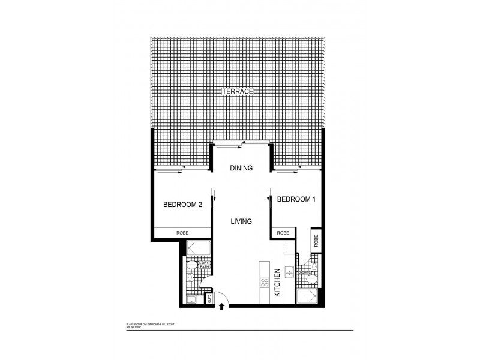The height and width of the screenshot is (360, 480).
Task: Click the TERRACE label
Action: click(x=239, y=91)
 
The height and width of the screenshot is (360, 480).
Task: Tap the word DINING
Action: click(x=241, y=169)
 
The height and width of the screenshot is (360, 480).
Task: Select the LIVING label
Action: click(x=241, y=221)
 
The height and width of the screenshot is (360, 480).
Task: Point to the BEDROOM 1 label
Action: click(x=295, y=199)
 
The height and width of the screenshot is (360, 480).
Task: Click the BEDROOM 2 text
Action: click(x=182, y=205)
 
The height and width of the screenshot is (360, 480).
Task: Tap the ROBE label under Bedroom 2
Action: click(x=182, y=233)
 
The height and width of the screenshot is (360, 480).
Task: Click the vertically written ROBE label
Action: click(x=316, y=241)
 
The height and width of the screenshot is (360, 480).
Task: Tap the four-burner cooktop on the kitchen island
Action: click(x=264, y=282)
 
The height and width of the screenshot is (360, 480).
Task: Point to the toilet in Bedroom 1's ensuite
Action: click(x=312, y=278)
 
